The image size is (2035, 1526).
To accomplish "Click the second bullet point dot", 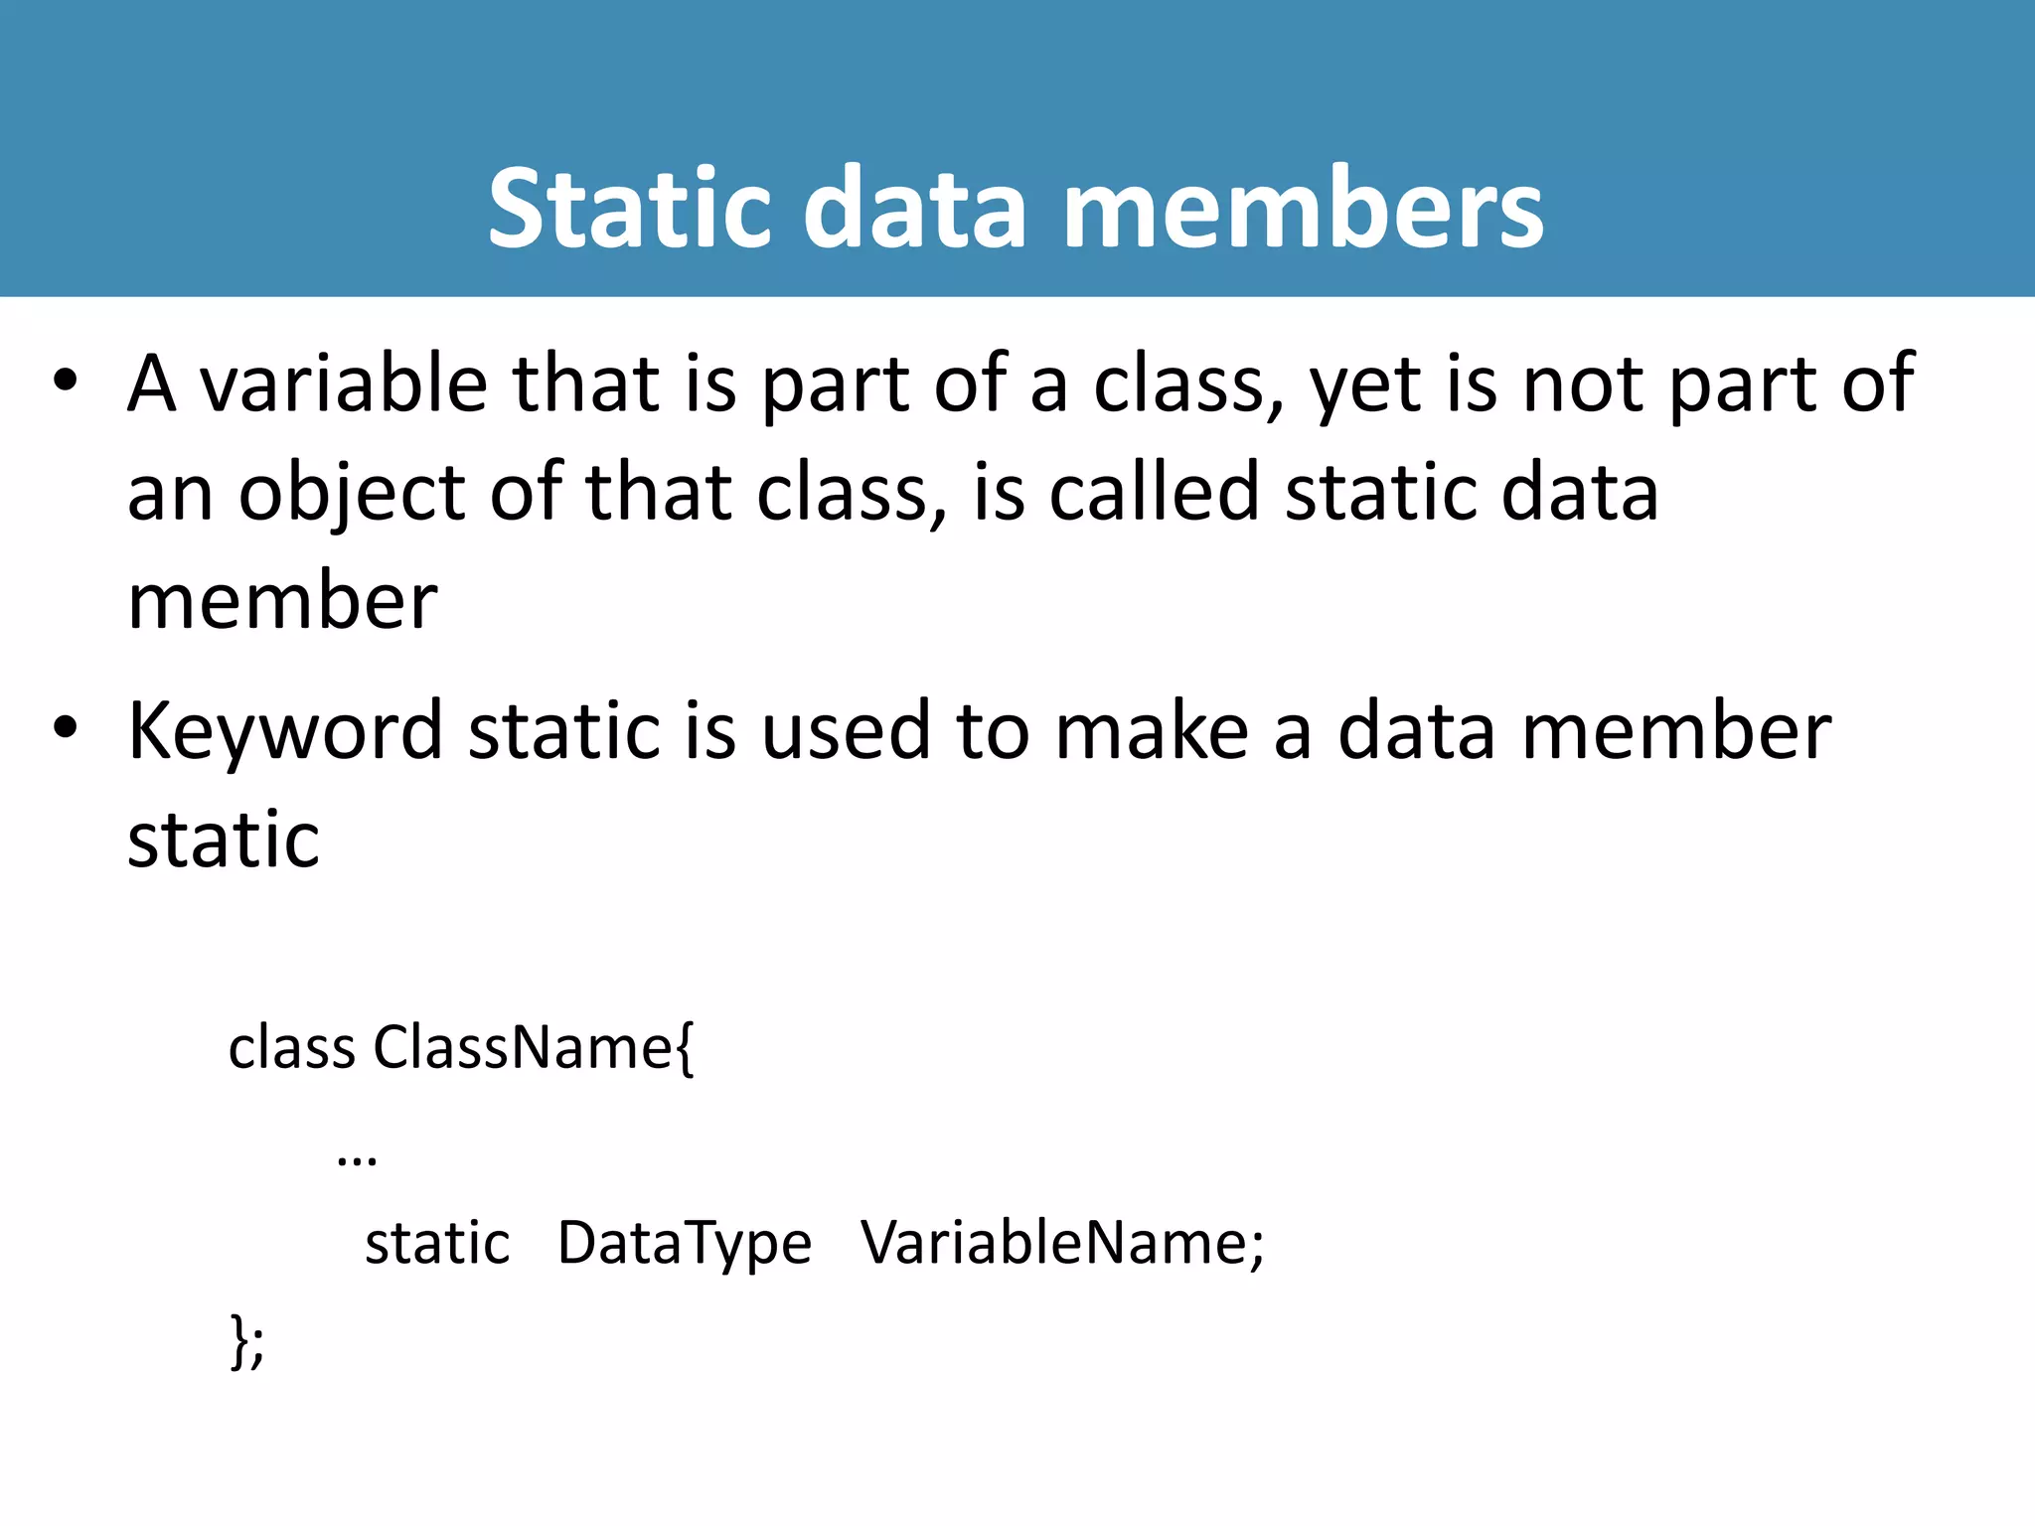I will point(66,728).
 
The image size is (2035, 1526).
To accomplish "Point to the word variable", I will point(344,383).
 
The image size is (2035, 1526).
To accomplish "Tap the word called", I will point(1154,493).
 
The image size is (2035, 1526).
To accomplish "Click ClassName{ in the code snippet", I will point(534,1048).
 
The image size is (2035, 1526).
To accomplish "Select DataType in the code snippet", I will point(685,1244).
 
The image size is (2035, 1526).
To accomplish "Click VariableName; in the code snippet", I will point(1062,1243).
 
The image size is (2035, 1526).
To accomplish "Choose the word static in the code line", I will point(437,1244).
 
